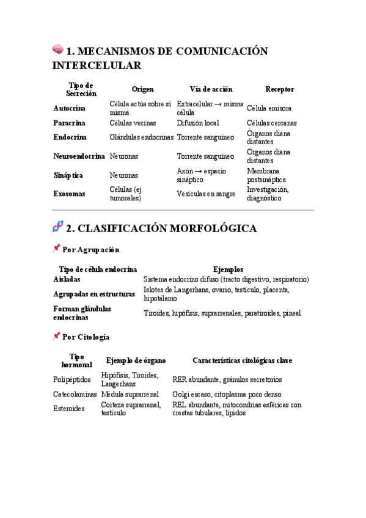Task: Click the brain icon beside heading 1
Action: coord(57,49)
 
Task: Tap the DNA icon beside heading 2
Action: coord(58,227)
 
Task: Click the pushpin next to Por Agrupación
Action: coord(57,249)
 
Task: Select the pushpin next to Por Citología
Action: coord(57,336)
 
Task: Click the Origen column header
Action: coord(143,89)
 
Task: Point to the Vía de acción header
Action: coord(211,89)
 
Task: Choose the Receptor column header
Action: coord(279,89)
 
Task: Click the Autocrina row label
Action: coord(70,108)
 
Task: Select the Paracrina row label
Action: coord(69,123)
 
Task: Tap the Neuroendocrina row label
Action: coord(79,156)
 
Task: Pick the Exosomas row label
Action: coord(69,194)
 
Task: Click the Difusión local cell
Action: coord(198,123)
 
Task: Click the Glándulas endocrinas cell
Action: coord(142,137)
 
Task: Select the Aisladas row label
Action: coord(67,279)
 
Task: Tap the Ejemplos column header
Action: coord(228,269)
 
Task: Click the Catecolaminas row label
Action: coord(75,395)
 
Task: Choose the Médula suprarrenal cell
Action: coord(130,395)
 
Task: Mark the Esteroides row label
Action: coord(69,409)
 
